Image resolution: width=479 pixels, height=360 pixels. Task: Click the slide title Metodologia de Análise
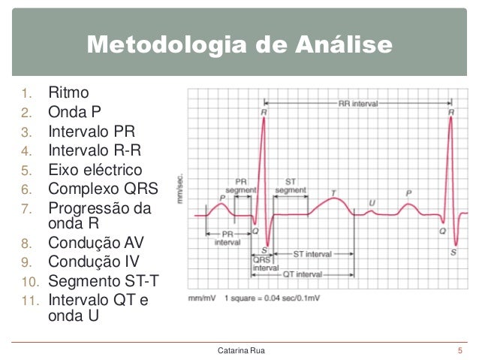click(239, 45)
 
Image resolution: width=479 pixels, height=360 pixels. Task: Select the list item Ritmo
click(69, 94)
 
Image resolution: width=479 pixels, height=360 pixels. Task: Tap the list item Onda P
click(75, 113)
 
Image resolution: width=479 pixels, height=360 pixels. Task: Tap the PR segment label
click(241, 186)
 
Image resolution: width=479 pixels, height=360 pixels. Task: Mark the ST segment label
click(290, 186)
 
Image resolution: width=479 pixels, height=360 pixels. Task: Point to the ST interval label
click(312, 254)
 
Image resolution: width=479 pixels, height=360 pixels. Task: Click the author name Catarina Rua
click(240, 350)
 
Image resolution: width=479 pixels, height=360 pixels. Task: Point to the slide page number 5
click(459, 350)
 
